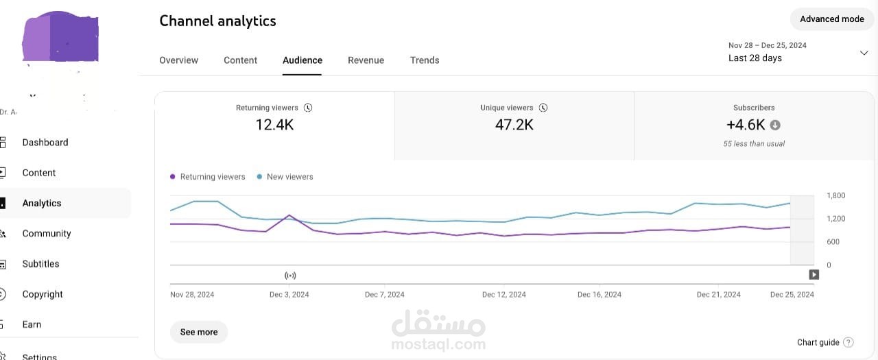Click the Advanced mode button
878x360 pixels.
tap(832, 19)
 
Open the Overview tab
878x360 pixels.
tap(179, 60)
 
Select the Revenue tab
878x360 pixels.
tap(366, 60)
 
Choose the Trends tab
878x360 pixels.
tap(425, 60)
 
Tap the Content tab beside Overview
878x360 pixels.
tap(240, 60)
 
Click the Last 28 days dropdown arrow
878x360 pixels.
tap(864, 53)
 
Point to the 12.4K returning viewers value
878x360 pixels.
tap(274, 125)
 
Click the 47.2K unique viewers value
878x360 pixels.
tap(514, 125)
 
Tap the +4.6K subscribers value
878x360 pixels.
tap(746, 125)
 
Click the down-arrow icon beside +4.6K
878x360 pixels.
tap(775, 125)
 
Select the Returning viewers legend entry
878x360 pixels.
tap(208, 177)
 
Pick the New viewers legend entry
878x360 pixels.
tap(285, 177)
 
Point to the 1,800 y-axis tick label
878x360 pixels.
tap(835, 195)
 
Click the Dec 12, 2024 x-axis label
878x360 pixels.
tap(504, 295)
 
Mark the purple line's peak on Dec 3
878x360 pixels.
tap(289, 215)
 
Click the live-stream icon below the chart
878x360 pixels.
tap(290, 276)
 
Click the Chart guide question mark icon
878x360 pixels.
tap(849, 342)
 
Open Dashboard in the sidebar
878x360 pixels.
tap(45, 143)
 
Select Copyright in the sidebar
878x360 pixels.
tap(43, 294)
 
